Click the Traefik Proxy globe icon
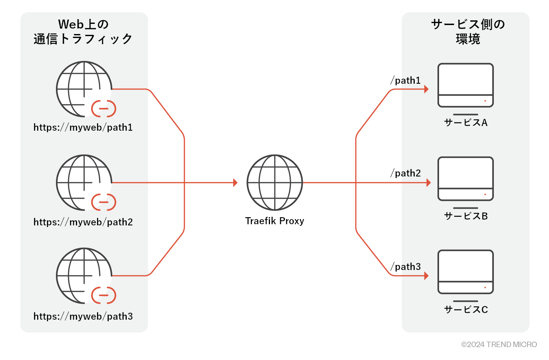click(275, 182)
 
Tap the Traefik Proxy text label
click(275, 221)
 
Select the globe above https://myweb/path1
click(84, 89)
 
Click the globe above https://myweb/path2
click(84, 183)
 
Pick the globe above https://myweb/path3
click(84, 276)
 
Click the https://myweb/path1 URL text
click(83, 128)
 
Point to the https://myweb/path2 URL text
click(83, 222)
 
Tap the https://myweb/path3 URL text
click(83, 317)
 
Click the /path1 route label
click(406, 81)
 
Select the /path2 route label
click(406, 173)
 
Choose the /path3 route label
click(406, 267)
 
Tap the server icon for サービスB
click(465, 179)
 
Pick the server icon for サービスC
click(465, 272)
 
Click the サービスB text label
click(466, 216)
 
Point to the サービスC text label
click(466, 310)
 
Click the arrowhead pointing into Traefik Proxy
click(235, 183)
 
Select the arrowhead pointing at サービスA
click(426, 89)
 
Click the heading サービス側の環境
click(468, 31)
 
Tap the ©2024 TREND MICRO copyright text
click(499, 345)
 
